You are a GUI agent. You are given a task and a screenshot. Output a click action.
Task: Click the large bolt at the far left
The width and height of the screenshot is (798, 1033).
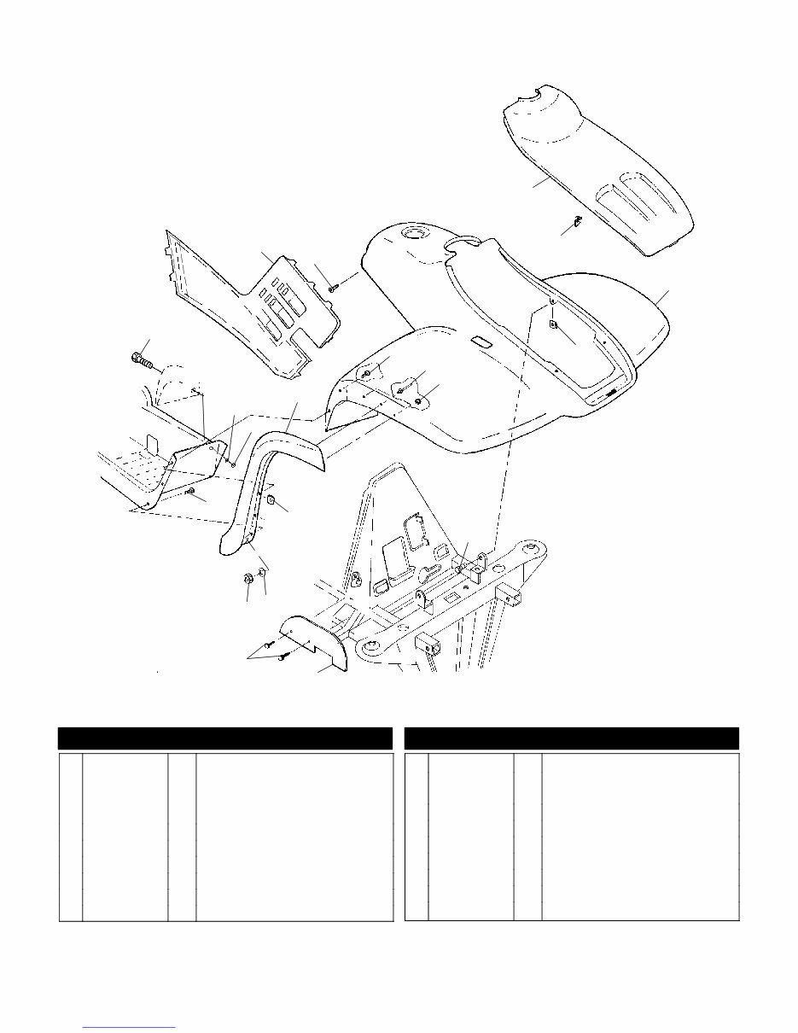tap(141, 360)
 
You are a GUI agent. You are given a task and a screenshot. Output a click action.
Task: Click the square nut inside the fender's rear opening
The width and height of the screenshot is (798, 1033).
tap(553, 324)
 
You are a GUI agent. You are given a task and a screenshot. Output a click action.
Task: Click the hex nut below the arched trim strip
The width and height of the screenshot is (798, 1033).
tap(247, 579)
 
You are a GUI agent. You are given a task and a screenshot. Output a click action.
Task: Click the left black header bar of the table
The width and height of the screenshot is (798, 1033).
tap(224, 738)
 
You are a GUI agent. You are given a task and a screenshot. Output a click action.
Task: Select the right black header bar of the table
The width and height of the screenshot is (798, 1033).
tap(571, 738)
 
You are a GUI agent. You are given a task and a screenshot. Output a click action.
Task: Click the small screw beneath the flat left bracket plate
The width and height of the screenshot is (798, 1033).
tap(190, 493)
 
